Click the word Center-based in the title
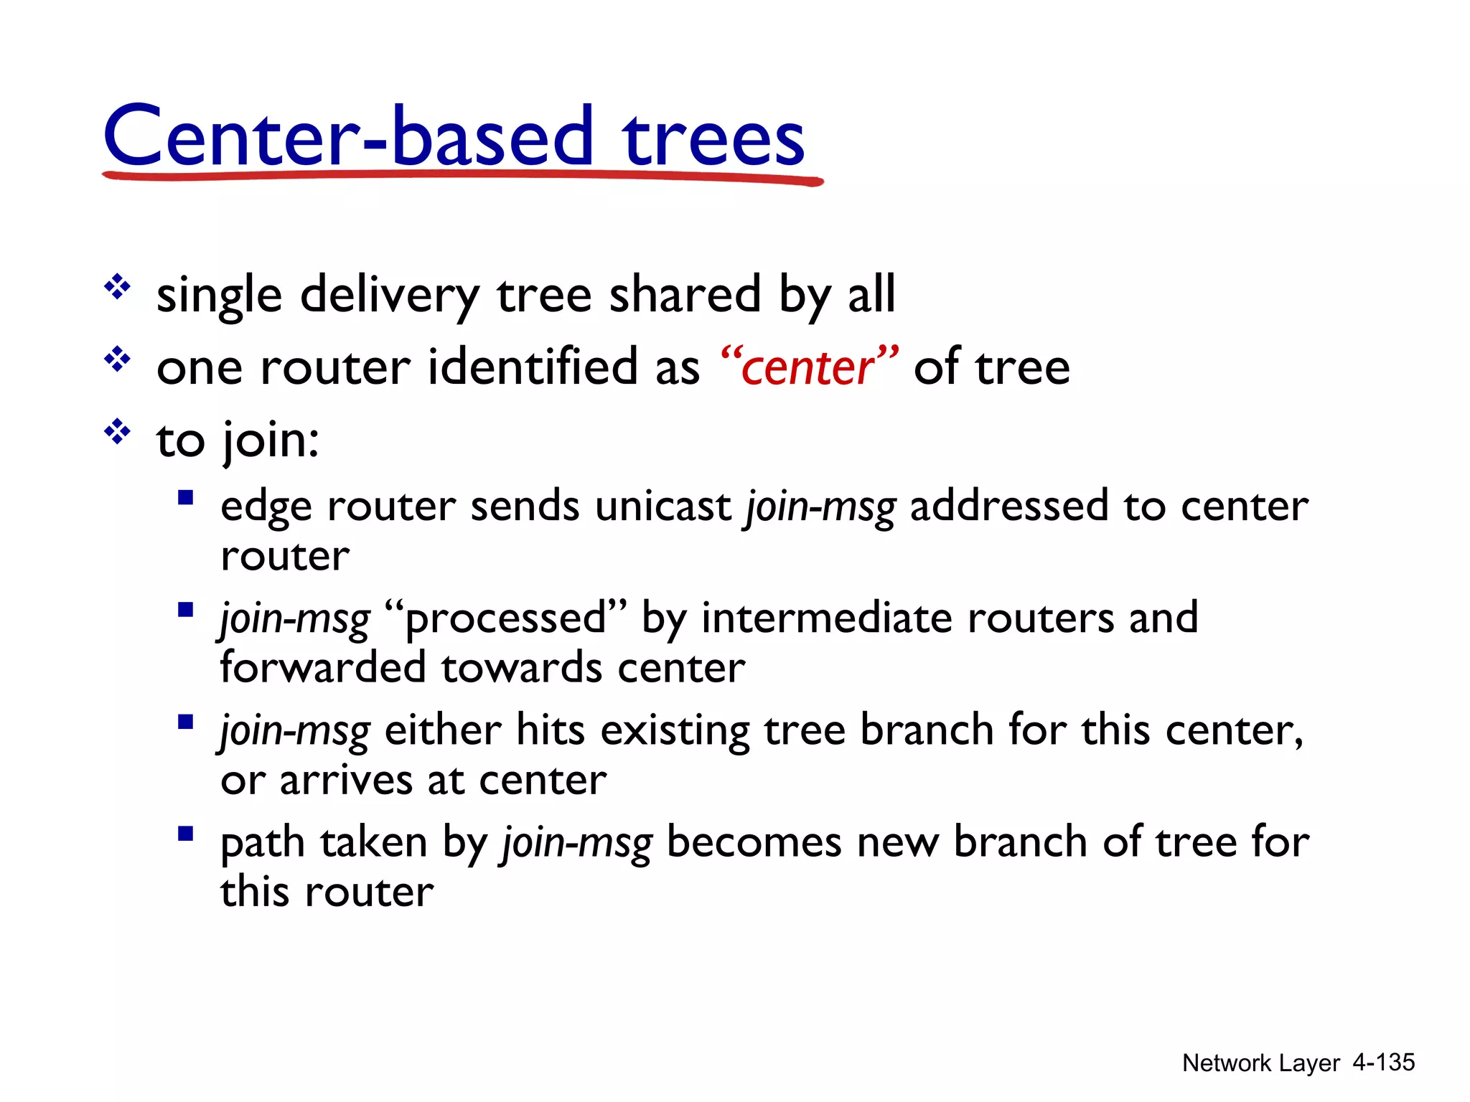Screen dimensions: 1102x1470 (348, 136)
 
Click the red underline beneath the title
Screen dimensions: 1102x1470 (463, 176)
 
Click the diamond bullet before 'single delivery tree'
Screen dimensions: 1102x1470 (117, 288)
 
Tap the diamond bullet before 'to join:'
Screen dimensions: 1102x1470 (117, 432)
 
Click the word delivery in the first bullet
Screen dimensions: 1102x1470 (390, 296)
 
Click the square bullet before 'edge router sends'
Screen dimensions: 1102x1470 (186, 498)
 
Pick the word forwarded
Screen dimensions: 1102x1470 (322, 668)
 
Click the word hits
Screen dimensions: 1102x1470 (551, 730)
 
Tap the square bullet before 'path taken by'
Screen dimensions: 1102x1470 (186, 834)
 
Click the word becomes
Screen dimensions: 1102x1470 (754, 842)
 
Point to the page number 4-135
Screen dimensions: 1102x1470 (1383, 1062)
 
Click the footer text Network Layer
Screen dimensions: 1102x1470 (1260, 1063)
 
